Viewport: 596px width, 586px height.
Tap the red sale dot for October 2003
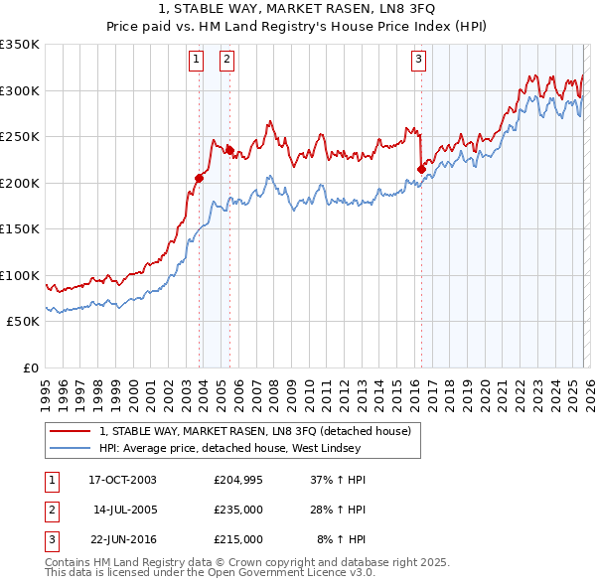(x=200, y=179)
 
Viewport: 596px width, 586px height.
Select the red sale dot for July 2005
(x=229, y=151)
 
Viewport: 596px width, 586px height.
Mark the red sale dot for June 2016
(x=421, y=169)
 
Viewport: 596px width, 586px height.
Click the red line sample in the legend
(x=72, y=431)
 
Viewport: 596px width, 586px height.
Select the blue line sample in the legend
(x=72, y=448)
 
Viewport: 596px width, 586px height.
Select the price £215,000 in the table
(x=238, y=539)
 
